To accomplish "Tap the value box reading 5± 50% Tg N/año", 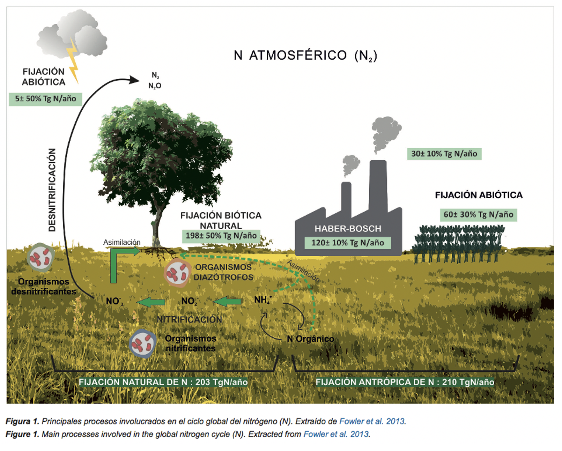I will pyautogui.click(x=45, y=99).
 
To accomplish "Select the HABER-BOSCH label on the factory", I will pyautogui.click(x=348, y=229).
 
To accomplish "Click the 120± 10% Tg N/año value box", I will pyautogui.click(x=348, y=243).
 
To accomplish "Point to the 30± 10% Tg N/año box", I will pyautogui.click(x=444, y=154).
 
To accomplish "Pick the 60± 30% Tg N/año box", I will pyautogui.click(x=478, y=214).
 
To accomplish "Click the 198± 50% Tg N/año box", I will pyautogui.click(x=221, y=236).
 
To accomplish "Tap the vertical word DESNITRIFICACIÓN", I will pyautogui.click(x=52, y=190).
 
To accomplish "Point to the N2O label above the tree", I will pyautogui.click(x=155, y=86).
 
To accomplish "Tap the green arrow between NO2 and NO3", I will pyautogui.click(x=151, y=302).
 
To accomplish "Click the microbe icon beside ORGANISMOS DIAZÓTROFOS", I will pyautogui.click(x=177, y=273).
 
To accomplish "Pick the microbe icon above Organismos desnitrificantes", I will pyautogui.click(x=41, y=258).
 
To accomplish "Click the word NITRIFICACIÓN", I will pyautogui.click(x=189, y=319).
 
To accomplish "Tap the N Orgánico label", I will pyautogui.click(x=310, y=339).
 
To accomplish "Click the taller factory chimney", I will pyautogui.click(x=378, y=185).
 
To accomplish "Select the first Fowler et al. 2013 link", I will pyautogui.click(x=372, y=421).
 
